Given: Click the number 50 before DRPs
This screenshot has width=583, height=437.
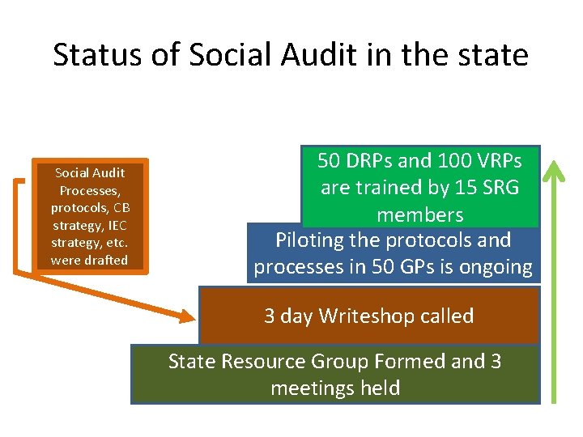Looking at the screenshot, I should click(x=330, y=161).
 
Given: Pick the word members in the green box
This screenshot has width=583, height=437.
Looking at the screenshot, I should click(x=419, y=215).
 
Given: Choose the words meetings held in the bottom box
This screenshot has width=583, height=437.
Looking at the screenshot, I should click(x=335, y=388).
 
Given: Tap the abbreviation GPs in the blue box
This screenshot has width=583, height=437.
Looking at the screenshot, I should click(x=445, y=268).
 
